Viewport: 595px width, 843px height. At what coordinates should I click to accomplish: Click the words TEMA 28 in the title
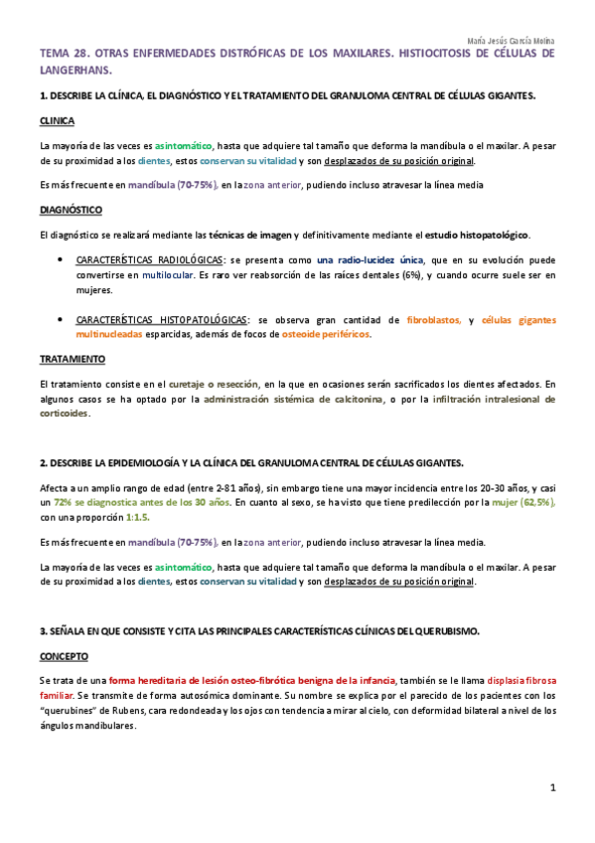pyautogui.click(x=63, y=53)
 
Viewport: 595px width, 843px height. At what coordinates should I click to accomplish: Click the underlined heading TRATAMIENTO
pyautogui.click(x=72, y=358)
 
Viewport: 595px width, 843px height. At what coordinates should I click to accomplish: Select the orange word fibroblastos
pyautogui.click(x=434, y=320)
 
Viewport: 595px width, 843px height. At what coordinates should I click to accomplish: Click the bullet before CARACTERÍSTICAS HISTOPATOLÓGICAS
pyautogui.click(x=61, y=320)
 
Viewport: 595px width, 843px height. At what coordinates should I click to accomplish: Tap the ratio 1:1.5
pyautogui.click(x=139, y=517)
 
